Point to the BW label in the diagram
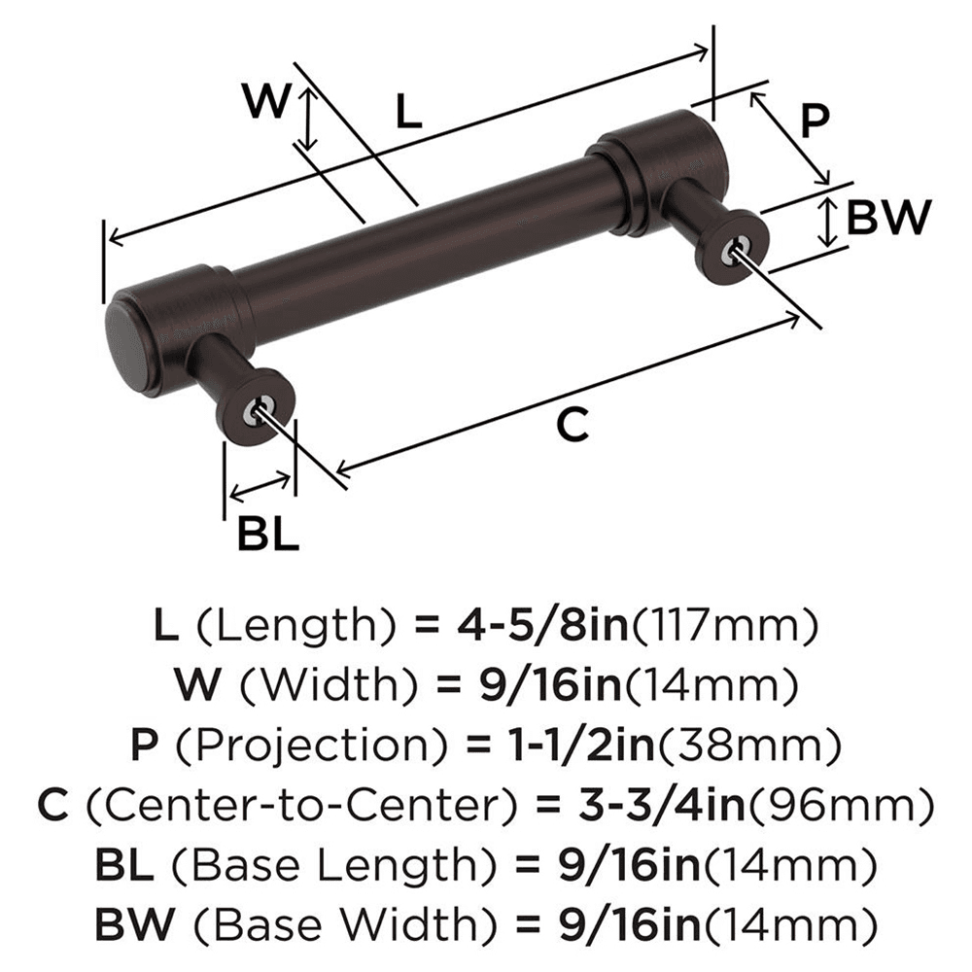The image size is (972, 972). (x=888, y=219)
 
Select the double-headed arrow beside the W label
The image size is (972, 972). (x=308, y=118)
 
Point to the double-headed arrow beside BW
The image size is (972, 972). (x=826, y=221)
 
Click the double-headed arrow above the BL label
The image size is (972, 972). (x=259, y=487)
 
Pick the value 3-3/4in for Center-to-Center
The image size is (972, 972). (x=633, y=805)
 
